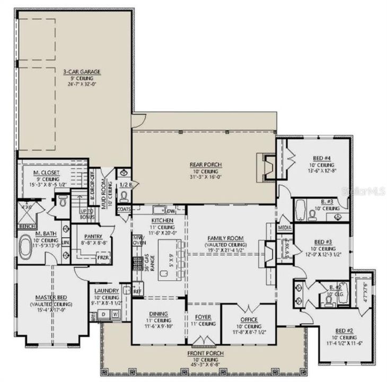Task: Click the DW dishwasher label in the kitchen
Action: tap(171, 211)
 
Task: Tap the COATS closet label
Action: tap(124, 209)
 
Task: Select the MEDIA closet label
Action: tap(285, 229)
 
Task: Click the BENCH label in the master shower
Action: tap(24, 225)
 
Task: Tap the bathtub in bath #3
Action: tap(298, 211)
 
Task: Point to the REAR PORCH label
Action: tap(206, 164)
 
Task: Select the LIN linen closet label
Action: tap(66, 243)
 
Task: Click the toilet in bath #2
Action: tap(330, 300)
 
